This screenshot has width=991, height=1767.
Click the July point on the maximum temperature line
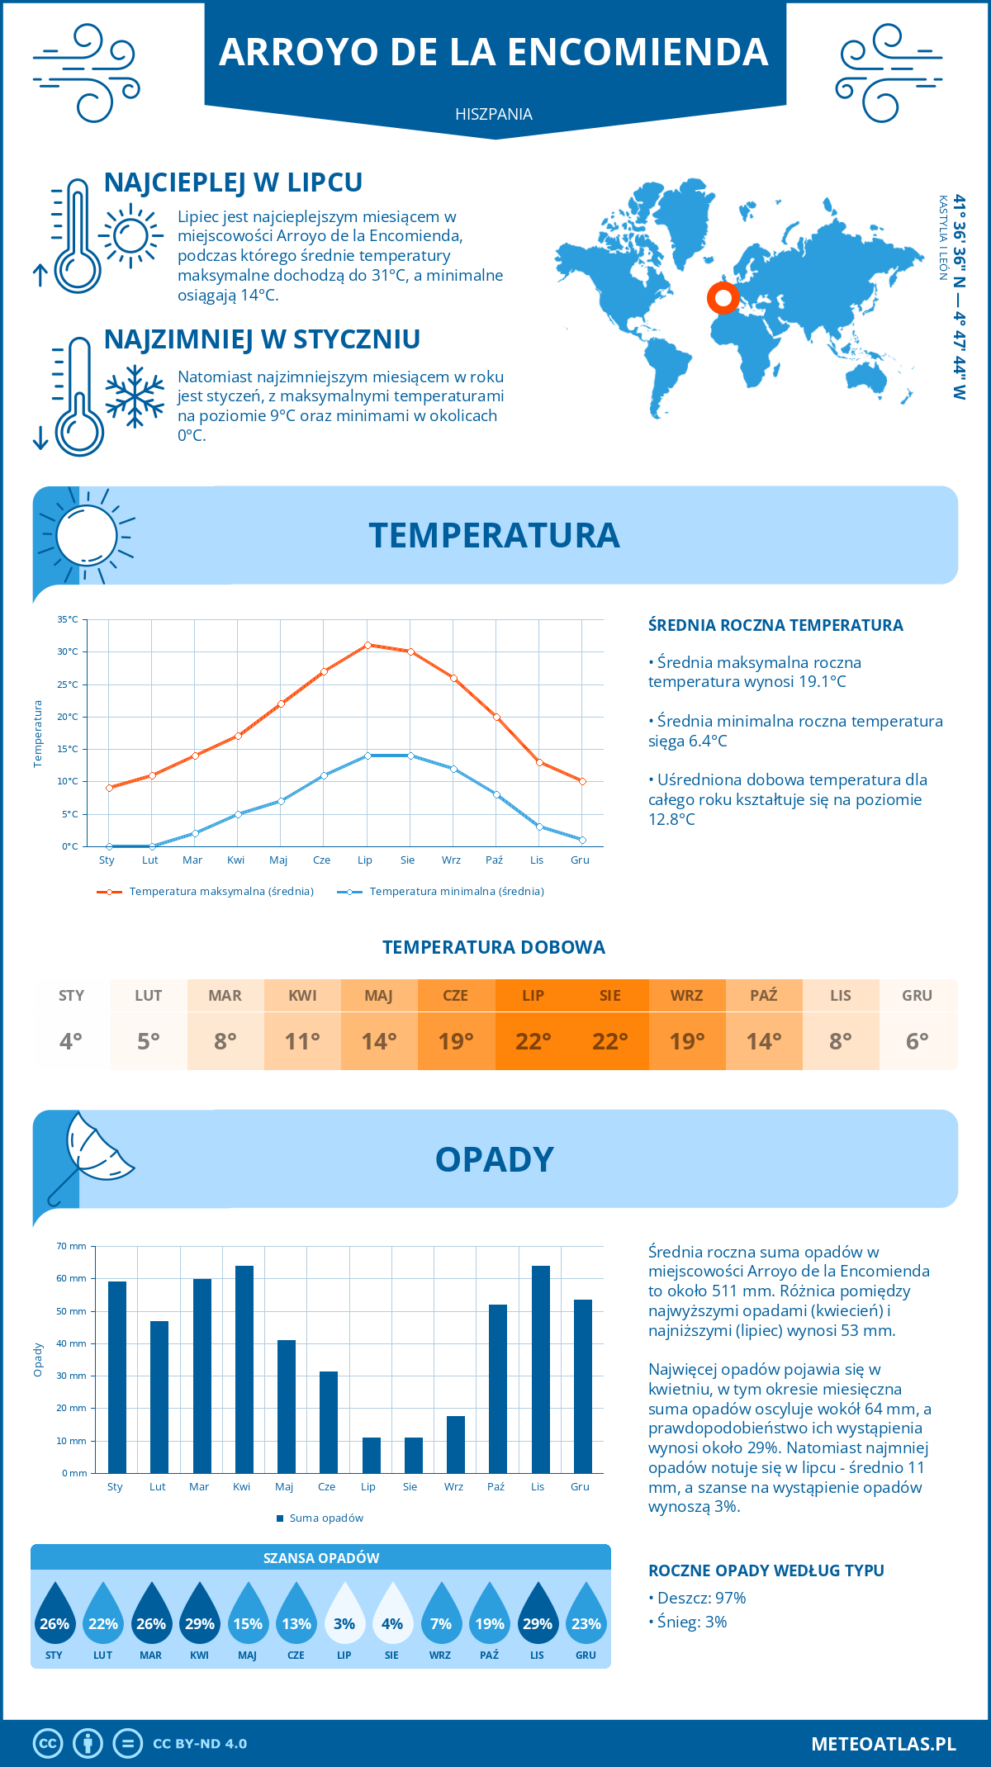pyautogui.click(x=367, y=645)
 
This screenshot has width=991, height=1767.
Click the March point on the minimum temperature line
pyautogui.click(x=195, y=833)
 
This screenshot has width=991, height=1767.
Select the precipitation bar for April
pyautogui.click(x=244, y=1369)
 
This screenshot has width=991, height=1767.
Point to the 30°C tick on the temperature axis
pyautogui.click(x=68, y=651)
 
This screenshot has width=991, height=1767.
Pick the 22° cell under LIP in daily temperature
pyautogui.click(x=533, y=1041)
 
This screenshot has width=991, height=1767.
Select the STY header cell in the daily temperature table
pyautogui.click(x=71, y=995)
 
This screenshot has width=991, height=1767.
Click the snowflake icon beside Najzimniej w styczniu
pyautogui.click(x=135, y=396)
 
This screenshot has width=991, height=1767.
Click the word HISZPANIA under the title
pyautogui.click(x=494, y=114)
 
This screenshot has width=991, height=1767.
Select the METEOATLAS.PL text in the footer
pyautogui.click(x=883, y=1743)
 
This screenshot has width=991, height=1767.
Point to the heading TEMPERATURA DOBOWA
pyautogui.click(x=494, y=947)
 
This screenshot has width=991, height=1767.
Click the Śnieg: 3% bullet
pyautogui.click(x=688, y=1622)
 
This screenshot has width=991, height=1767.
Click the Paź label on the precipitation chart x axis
pyautogui.click(x=495, y=1486)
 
